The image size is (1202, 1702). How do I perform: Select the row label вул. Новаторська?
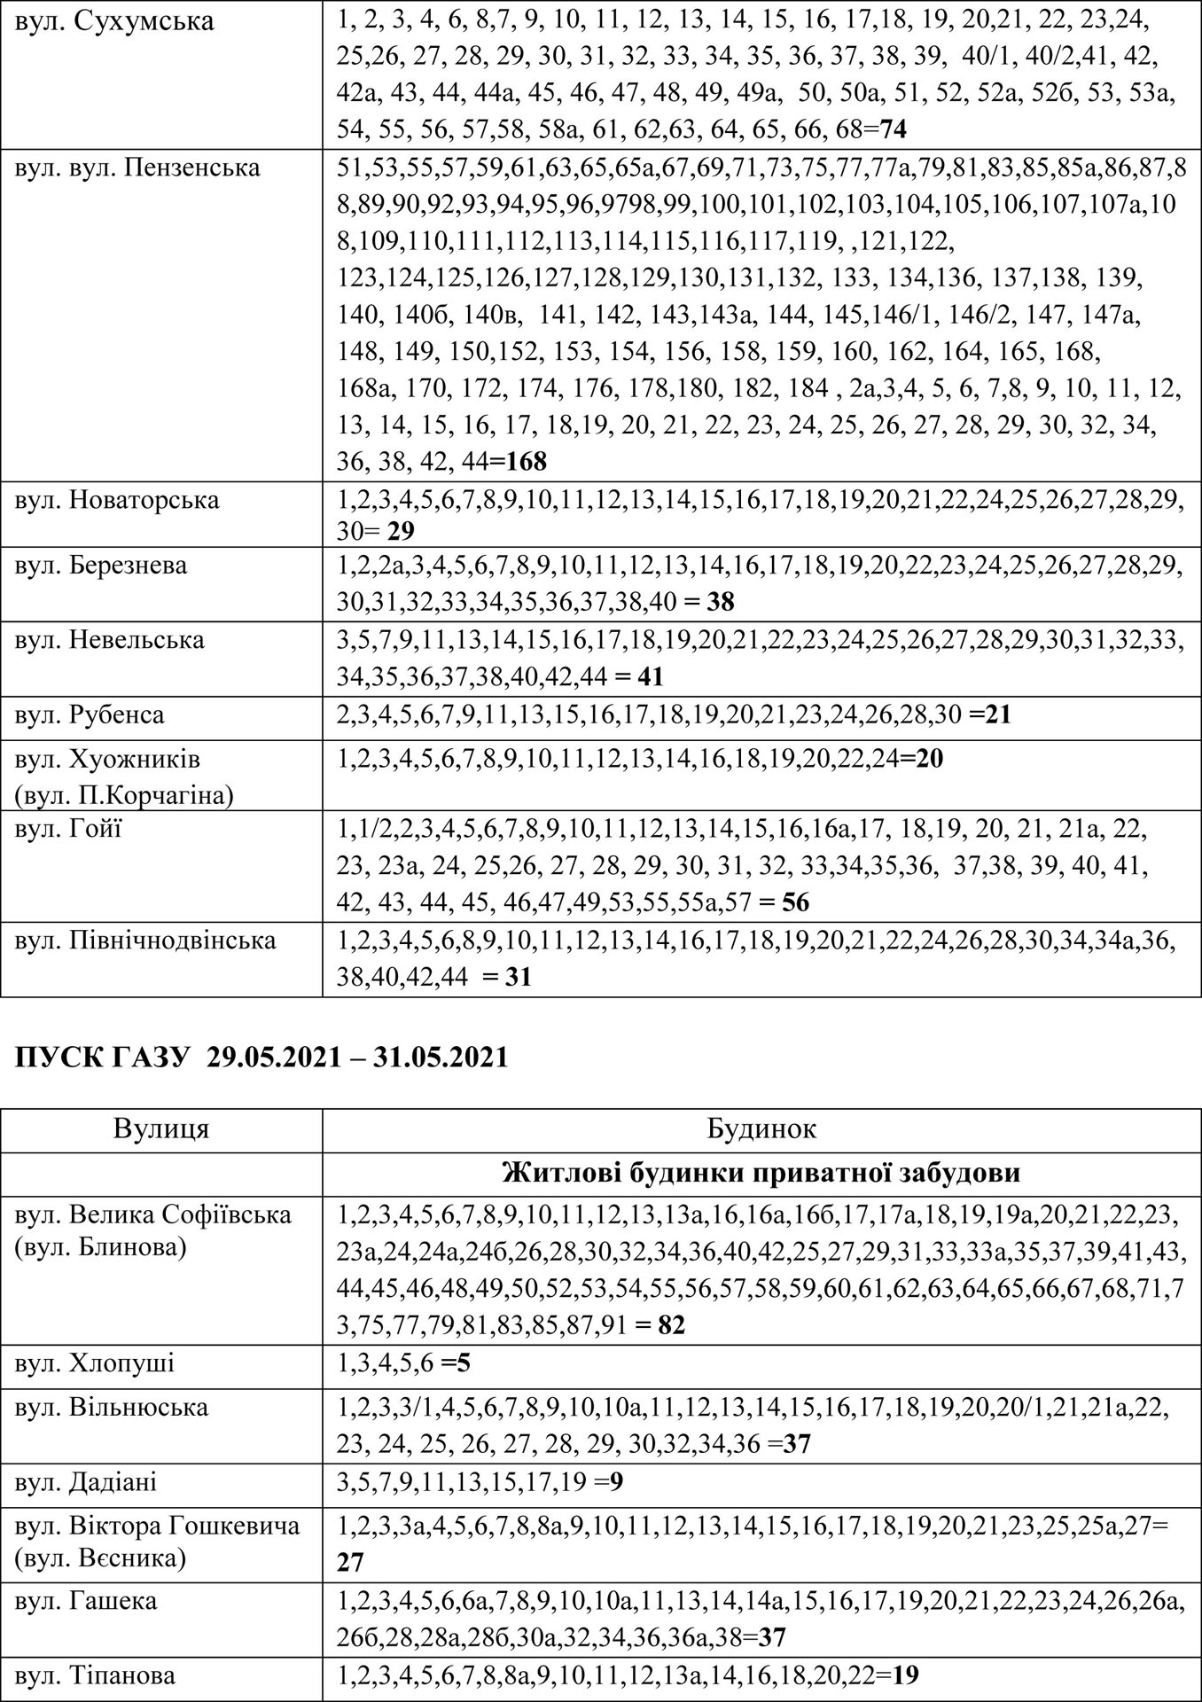tap(116, 501)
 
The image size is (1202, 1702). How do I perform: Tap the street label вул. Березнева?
tap(101, 566)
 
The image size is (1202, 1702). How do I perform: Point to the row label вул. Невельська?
tap(109, 640)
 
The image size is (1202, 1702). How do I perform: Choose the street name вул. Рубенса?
tap(90, 714)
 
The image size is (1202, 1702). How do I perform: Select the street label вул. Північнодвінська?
tap(145, 941)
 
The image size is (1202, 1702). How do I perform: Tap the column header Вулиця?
tap(161, 1129)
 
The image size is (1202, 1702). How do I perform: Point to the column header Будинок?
tap(761, 1129)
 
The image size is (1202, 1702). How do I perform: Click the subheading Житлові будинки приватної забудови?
tap(761, 1174)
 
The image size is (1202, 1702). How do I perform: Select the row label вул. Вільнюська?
tap(112, 1408)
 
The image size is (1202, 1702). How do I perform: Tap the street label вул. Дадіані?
tap(86, 1482)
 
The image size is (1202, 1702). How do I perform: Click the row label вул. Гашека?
tap(86, 1601)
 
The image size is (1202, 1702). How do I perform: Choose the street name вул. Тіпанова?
tap(95, 1675)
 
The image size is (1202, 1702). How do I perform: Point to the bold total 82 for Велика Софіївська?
tap(672, 1325)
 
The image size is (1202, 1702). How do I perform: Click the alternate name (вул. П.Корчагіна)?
tap(124, 795)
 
